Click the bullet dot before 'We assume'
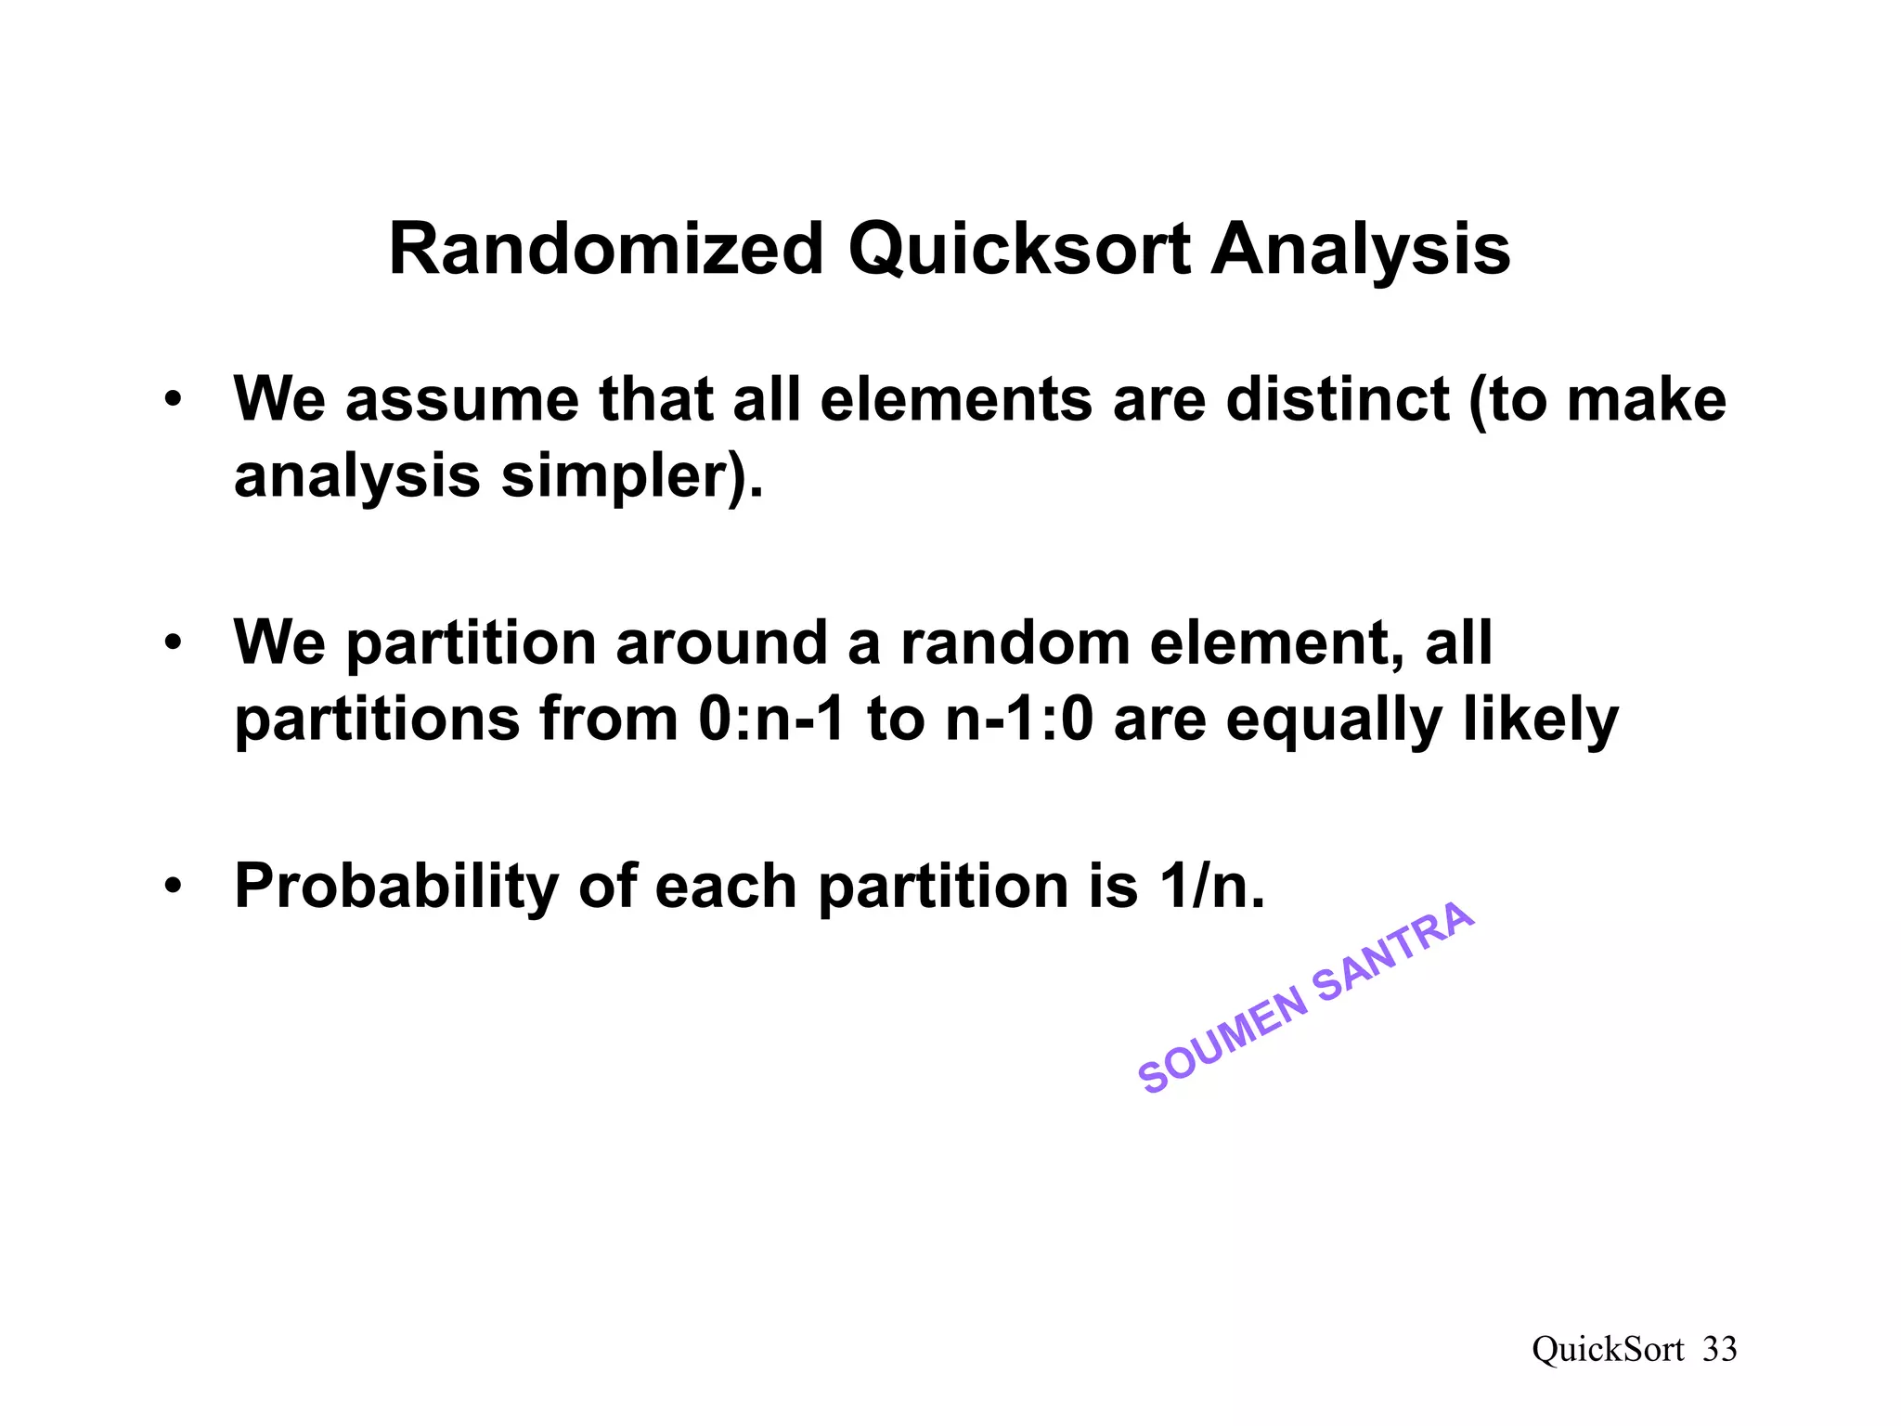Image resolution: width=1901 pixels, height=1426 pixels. coord(173,401)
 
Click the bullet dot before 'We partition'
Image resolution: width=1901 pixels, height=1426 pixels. coord(173,643)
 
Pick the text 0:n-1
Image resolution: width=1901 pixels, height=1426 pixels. coord(771,719)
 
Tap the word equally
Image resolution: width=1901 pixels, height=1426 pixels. coord(1333,721)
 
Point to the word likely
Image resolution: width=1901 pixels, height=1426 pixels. coord(1540,719)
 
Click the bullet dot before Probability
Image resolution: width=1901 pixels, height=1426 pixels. coord(173,887)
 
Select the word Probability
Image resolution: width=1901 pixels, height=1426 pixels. coord(395,887)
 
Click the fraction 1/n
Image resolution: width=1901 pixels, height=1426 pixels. coord(1211,886)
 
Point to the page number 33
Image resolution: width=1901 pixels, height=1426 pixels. coord(1719,1349)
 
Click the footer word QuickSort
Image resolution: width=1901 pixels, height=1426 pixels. coord(1608,1349)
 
